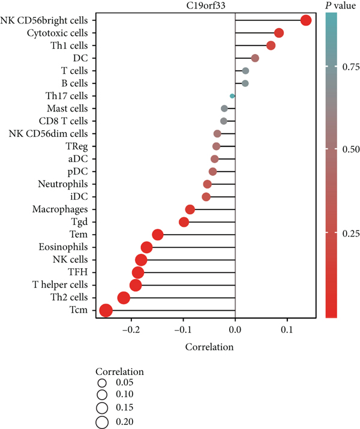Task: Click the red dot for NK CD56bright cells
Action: (x=305, y=20)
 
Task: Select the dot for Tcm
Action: (x=106, y=310)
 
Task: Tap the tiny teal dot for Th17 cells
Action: (x=232, y=96)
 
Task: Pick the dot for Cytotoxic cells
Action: (x=278, y=33)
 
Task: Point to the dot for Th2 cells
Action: (x=124, y=298)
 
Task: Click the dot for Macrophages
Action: (x=190, y=209)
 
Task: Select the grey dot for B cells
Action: (x=245, y=83)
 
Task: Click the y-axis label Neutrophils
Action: (x=62, y=184)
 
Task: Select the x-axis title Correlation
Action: (x=209, y=347)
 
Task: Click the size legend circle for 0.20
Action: (x=102, y=422)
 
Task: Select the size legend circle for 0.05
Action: (x=102, y=383)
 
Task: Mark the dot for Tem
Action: (x=157, y=235)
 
